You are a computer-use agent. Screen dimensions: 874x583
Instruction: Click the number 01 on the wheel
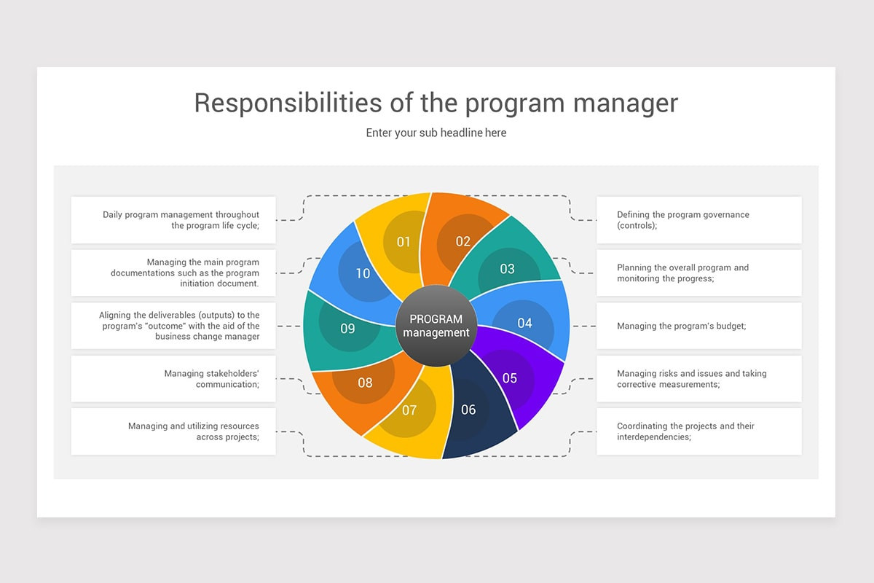(403, 242)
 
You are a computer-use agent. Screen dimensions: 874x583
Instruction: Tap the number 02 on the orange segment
(463, 241)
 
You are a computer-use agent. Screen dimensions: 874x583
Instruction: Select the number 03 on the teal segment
(507, 269)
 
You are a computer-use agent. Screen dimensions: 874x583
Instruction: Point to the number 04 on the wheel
(525, 323)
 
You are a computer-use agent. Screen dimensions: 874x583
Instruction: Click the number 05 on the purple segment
(510, 378)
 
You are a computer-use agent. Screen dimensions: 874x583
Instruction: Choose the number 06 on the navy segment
(468, 410)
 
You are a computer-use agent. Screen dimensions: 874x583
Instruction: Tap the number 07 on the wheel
(409, 410)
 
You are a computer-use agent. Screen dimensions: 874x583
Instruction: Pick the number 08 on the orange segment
(365, 383)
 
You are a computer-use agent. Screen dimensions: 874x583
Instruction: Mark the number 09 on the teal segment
(347, 329)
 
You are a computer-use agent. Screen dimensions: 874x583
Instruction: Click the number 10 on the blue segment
(363, 273)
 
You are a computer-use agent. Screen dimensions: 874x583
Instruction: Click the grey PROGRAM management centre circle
(436, 326)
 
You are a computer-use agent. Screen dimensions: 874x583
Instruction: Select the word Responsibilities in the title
(288, 103)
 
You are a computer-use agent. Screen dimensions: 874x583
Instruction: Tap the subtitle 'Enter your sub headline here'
(436, 133)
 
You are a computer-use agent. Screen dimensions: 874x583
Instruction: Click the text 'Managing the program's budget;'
(681, 326)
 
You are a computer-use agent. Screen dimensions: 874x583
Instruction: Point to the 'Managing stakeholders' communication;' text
(211, 379)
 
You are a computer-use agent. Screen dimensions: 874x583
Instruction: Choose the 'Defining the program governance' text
(683, 215)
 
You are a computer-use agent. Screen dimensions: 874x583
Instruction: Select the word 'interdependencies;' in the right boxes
(654, 437)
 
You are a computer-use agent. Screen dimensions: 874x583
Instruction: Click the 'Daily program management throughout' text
(181, 215)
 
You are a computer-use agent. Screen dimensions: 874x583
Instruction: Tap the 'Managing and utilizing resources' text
(194, 426)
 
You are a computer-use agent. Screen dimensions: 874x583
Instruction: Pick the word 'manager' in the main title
(626, 104)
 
